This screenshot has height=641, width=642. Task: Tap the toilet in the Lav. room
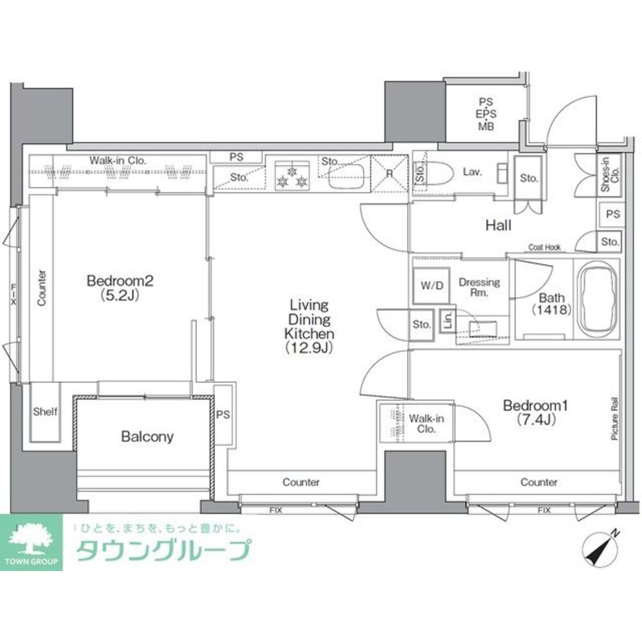point(442,172)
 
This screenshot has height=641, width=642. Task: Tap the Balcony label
point(147,437)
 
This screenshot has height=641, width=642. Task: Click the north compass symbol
point(601,547)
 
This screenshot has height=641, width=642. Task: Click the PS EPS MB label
point(485,113)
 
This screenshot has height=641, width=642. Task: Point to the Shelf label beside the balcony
point(45,411)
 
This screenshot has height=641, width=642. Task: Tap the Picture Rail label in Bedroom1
point(614,418)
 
